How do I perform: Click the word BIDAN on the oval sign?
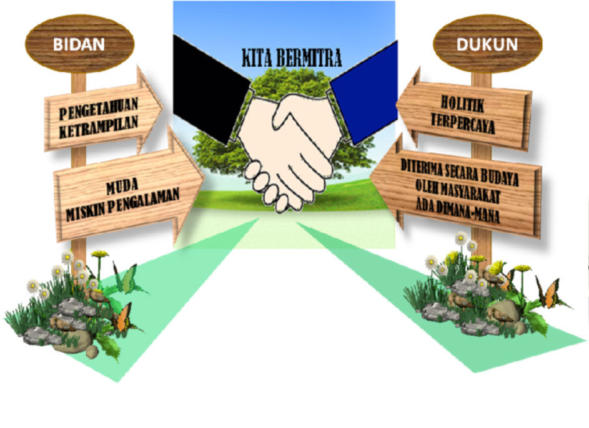[x=79, y=44]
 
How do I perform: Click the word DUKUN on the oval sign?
[x=487, y=45]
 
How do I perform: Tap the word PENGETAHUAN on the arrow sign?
[x=99, y=108]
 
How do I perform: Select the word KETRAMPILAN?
[x=99, y=127]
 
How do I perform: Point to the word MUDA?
[x=122, y=186]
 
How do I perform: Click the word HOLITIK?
[x=462, y=104]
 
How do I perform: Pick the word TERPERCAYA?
[x=463, y=123]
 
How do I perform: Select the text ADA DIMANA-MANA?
[x=458, y=210]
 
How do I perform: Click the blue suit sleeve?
[x=364, y=94]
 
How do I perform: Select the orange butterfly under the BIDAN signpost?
[x=124, y=318]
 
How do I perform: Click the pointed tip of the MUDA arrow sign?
[x=204, y=179]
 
